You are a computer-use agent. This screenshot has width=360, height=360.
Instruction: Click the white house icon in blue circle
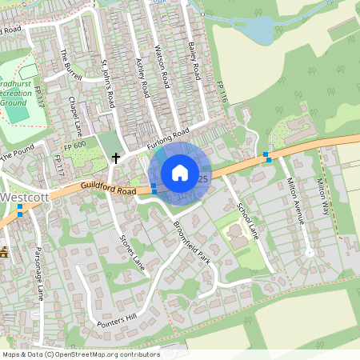(x=180, y=173)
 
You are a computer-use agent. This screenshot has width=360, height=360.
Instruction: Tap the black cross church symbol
(x=116, y=158)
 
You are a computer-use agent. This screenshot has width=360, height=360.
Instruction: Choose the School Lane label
(x=248, y=218)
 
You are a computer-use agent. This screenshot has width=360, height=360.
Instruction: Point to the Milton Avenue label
(x=295, y=203)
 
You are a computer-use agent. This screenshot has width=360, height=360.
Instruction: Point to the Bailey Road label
(x=193, y=61)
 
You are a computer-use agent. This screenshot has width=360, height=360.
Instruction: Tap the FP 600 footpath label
(x=74, y=148)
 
